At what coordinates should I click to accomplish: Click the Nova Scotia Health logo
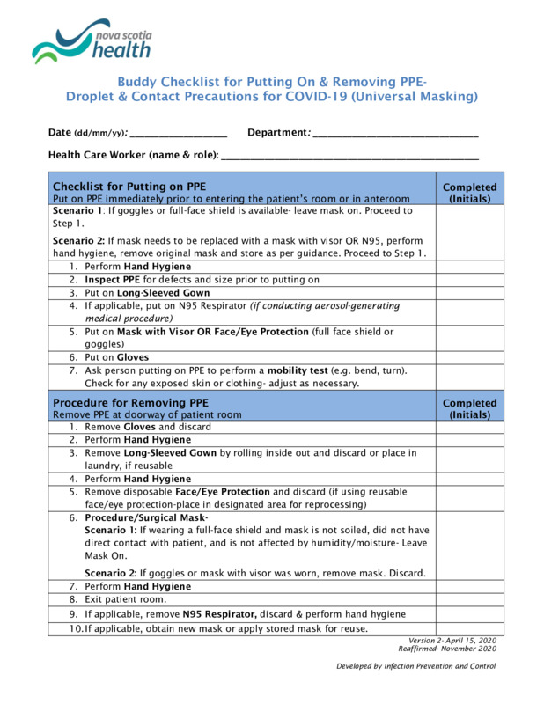tap(92, 42)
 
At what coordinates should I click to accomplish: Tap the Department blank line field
tap(395, 134)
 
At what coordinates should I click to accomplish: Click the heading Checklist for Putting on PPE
tap(129, 187)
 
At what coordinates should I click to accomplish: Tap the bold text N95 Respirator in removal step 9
tap(219, 613)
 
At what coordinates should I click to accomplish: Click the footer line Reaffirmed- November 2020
tap(447, 648)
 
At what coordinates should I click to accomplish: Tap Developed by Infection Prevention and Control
tap(415, 666)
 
